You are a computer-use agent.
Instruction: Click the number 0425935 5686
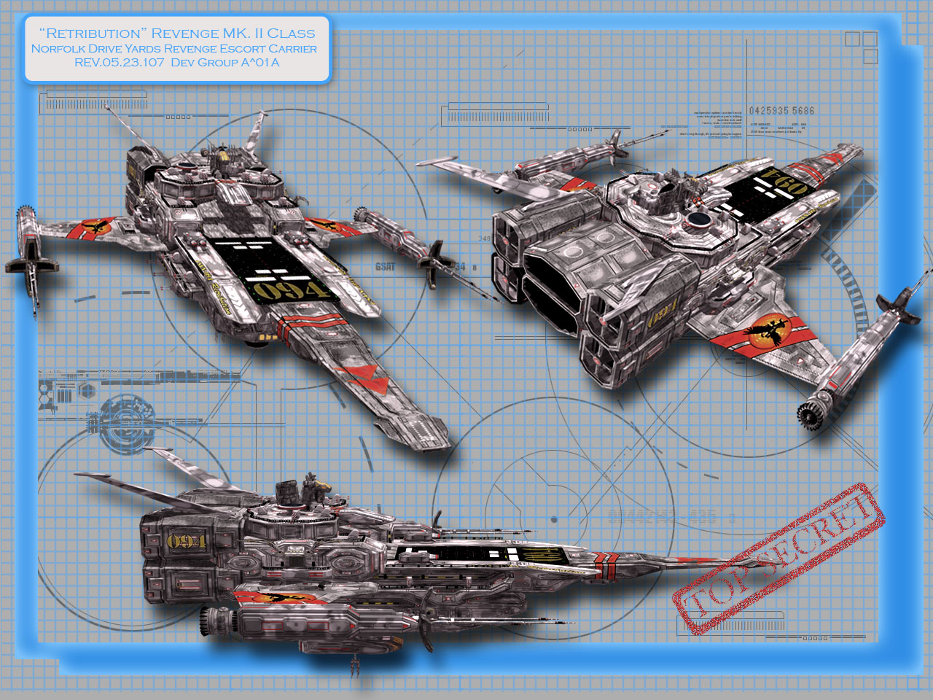(x=781, y=111)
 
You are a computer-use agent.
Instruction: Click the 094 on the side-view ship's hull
(x=186, y=542)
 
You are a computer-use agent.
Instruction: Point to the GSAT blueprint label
(x=386, y=267)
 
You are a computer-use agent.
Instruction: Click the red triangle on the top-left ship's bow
(x=364, y=379)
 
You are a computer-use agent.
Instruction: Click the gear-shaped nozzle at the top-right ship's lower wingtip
(x=808, y=415)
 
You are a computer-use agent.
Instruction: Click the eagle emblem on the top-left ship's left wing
(x=95, y=228)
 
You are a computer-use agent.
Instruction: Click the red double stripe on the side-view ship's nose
(x=606, y=561)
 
